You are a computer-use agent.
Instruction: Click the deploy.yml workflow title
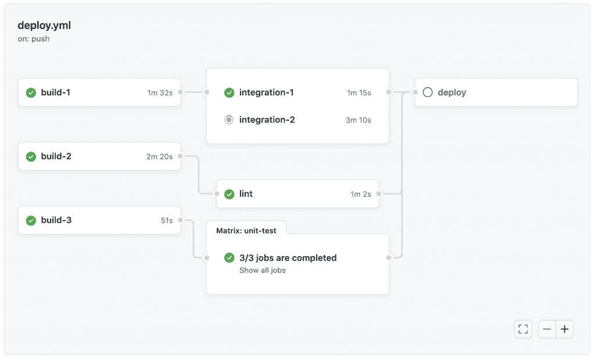click(44, 26)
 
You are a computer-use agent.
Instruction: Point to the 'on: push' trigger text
click(33, 39)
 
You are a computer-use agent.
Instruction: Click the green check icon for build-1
click(31, 92)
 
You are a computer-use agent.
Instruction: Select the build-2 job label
click(56, 156)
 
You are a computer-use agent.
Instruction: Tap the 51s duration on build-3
click(167, 221)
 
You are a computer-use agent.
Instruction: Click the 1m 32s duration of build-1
click(160, 93)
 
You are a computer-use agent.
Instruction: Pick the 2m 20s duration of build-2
click(159, 157)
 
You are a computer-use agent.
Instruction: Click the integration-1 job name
click(266, 92)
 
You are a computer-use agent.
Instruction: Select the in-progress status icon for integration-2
click(229, 120)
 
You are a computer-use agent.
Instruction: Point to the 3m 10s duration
click(358, 120)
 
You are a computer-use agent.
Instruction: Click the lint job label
click(246, 194)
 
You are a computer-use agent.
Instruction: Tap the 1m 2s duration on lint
click(360, 194)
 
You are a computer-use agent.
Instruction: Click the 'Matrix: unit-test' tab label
click(246, 231)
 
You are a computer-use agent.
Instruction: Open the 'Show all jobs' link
click(263, 270)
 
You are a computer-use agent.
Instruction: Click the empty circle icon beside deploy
click(428, 92)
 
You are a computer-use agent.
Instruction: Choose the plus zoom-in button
click(565, 329)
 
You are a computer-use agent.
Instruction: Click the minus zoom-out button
click(547, 329)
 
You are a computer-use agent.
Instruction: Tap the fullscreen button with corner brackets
click(523, 329)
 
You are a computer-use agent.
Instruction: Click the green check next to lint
click(229, 194)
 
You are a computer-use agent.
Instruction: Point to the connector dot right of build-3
click(181, 220)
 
